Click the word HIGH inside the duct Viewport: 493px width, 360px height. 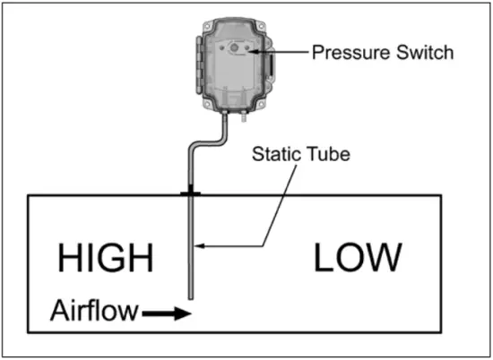[106, 258]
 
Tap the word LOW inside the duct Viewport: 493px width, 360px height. [357, 258]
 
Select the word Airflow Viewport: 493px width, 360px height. [93, 313]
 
